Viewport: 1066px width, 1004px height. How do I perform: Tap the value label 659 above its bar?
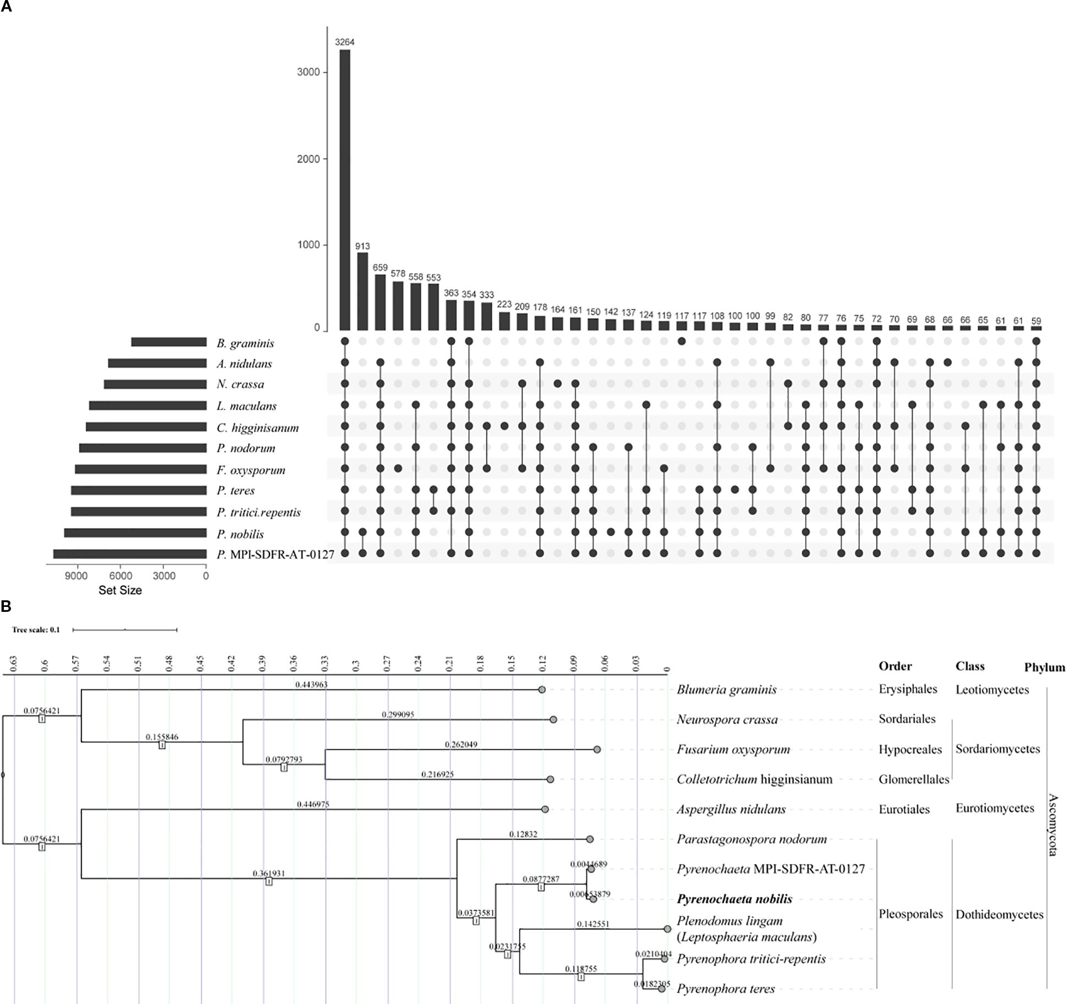380,268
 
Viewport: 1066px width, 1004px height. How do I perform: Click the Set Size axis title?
120,590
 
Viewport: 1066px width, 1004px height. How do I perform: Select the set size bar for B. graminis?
168,342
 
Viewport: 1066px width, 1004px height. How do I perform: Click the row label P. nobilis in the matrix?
240,534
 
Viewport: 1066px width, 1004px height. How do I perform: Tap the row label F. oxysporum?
251,470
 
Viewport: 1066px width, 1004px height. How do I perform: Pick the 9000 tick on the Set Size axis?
77,576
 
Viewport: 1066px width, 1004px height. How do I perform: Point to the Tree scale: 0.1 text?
36,629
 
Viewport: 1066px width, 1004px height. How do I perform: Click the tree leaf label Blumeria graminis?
726,690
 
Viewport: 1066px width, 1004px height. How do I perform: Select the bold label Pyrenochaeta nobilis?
735,899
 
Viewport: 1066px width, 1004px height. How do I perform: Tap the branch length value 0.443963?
311,685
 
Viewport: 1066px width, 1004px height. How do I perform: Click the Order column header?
895,666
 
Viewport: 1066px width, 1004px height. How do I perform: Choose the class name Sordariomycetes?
998,749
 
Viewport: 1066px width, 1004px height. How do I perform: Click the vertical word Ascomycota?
1052,824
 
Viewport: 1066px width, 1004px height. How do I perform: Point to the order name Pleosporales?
911,914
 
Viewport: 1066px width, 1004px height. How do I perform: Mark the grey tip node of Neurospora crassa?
553,719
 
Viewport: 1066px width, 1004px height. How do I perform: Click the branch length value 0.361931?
269,873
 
